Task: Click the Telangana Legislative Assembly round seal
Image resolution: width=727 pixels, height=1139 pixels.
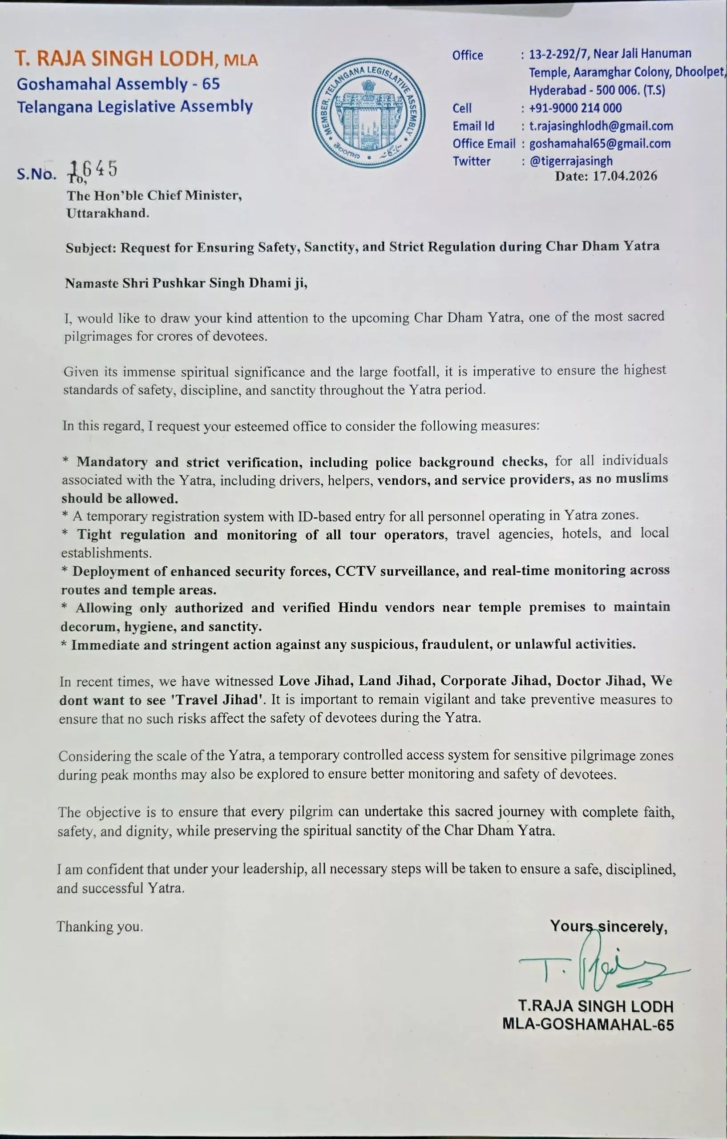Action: pyautogui.click(x=368, y=113)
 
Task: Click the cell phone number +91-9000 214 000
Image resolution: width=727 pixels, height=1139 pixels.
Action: pyautogui.click(x=575, y=108)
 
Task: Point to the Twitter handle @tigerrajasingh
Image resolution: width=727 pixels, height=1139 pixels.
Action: pyautogui.click(x=571, y=162)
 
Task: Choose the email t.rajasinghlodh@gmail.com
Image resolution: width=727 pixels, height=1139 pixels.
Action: pyautogui.click(x=601, y=126)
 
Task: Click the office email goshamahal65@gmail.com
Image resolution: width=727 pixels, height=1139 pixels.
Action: pyautogui.click(x=600, y=144)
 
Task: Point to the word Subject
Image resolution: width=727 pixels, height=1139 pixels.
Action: pyautogui.click(x=90, y=248)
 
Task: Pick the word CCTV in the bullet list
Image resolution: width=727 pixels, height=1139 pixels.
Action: pyautogui.click(x=355, y=571)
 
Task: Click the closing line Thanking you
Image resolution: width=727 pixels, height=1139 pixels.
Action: pyautogui.click(x=99, y=927)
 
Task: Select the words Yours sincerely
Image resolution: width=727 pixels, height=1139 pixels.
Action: pyautogui.click(x=608, y=927)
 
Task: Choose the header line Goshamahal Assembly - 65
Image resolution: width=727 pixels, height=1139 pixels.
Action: pyautogui.click(x=118, y=84)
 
